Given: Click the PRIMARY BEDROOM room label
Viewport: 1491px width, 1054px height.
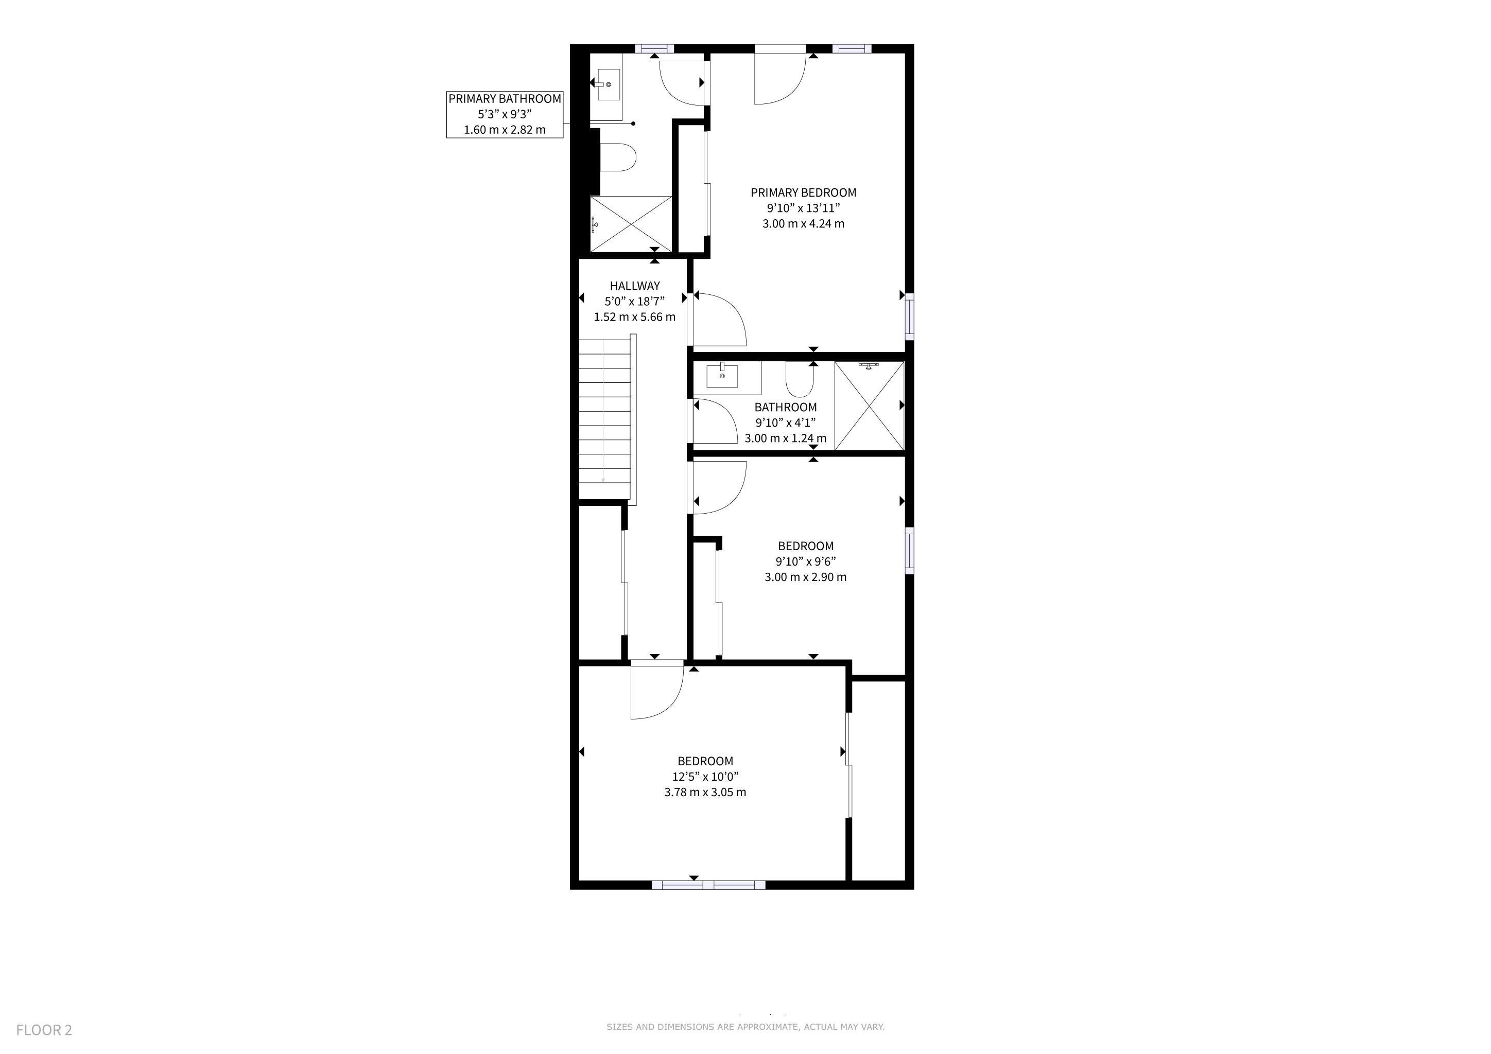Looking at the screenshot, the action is click(x=803, y=193).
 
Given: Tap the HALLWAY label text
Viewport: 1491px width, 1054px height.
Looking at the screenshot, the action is click(x=634, y=286).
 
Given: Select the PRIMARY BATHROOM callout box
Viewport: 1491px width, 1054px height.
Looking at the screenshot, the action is click(x=505, y=114).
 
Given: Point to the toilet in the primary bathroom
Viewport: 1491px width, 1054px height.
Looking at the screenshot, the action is click(x=616, y=157).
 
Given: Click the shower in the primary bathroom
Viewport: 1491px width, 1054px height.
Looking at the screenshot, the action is click(x=631, y=224).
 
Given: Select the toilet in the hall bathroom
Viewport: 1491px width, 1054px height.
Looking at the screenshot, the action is click(x=800, y=379).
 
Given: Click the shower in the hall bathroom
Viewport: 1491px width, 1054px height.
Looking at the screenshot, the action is click(x=869, y=406).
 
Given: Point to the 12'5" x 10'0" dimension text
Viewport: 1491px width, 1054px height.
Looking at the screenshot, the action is click(x=705, y=777).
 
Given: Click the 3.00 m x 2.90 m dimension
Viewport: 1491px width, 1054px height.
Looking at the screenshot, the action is click(x=805, y=577).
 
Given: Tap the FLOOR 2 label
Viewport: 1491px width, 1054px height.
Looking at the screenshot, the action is click(x=44, y=1030).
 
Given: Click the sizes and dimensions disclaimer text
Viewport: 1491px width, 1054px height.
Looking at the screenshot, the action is click(x=745, y=1027).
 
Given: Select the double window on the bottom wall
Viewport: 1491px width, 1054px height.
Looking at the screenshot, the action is click(x=708, y=885).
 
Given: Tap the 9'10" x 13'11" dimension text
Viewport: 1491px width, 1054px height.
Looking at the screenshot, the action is click(x=803, y=208).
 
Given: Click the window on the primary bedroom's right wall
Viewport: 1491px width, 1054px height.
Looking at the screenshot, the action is click(x=910, y=317).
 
